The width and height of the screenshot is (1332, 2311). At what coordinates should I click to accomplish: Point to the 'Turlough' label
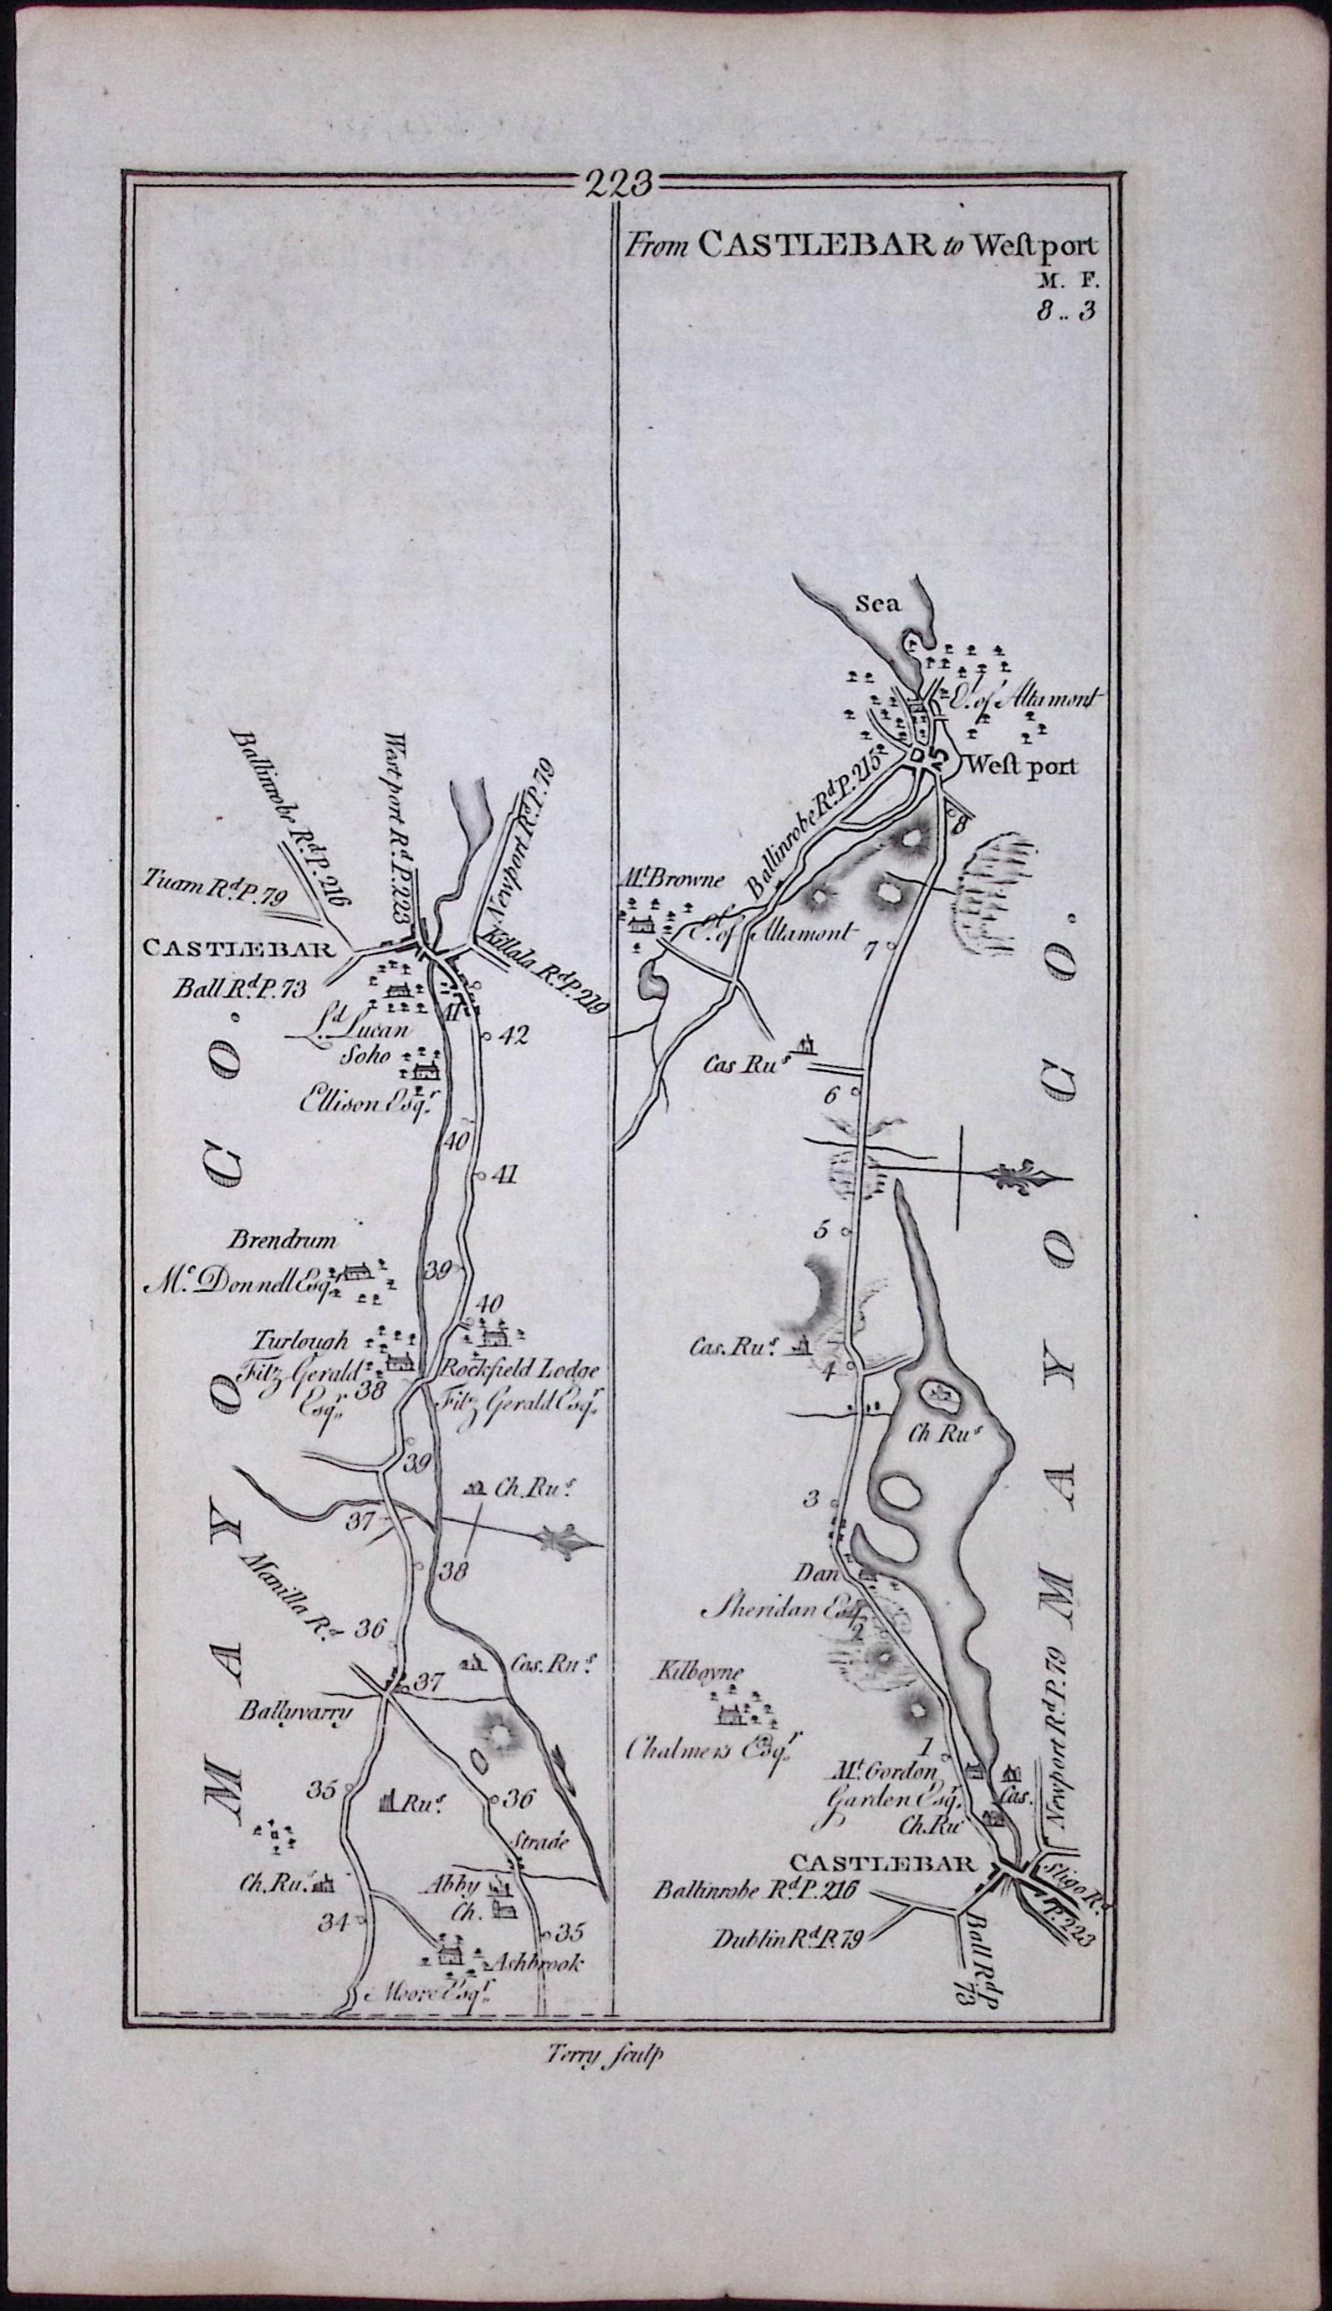pyautogui.click(x=302, y=1342)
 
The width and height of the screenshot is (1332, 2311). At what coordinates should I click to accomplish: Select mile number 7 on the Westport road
pyautogui.click(x=869, y=951)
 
